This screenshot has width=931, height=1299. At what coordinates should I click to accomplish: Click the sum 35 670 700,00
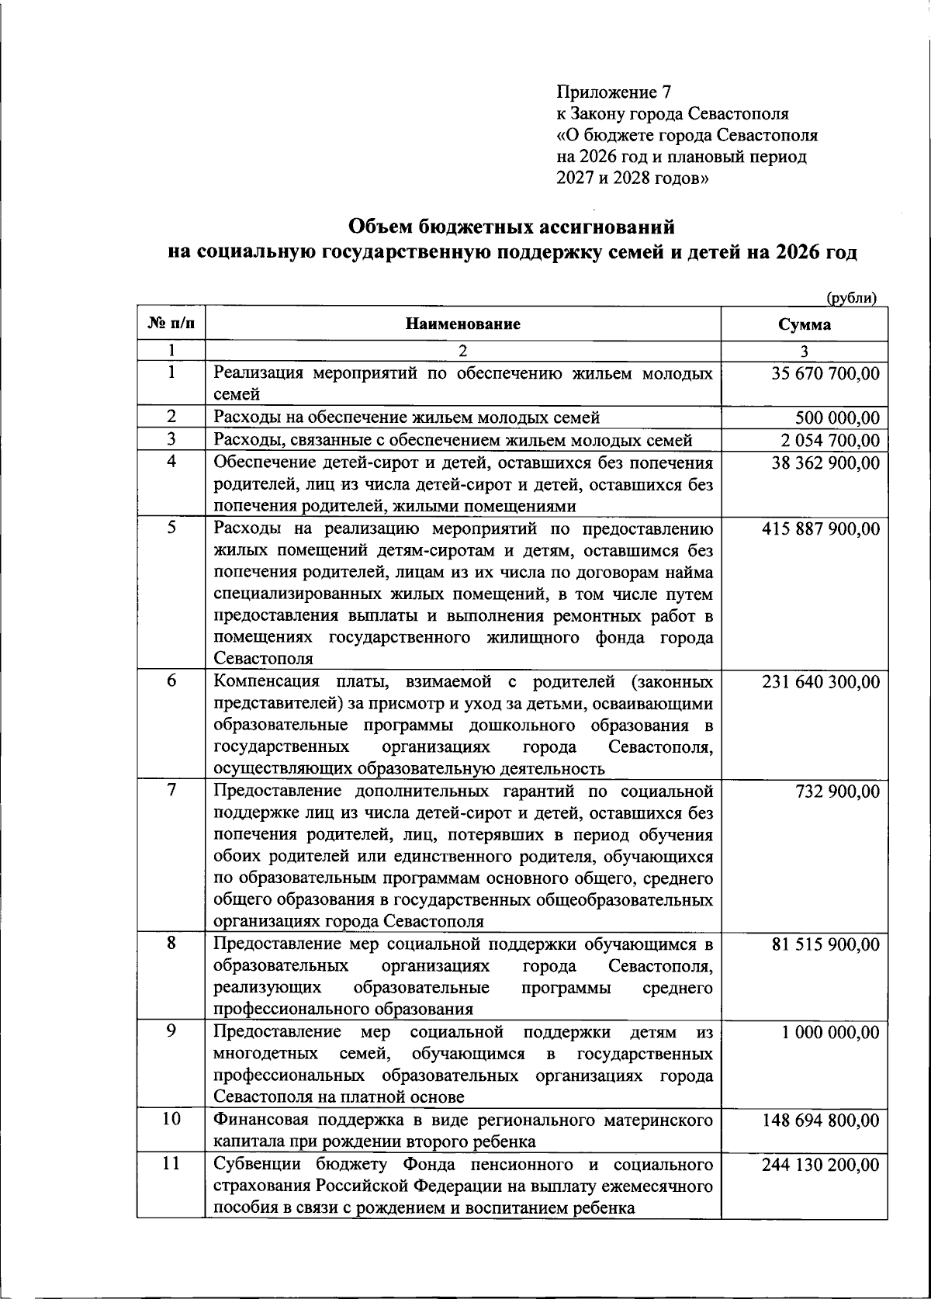825,373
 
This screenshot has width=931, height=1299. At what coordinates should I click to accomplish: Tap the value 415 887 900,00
822,529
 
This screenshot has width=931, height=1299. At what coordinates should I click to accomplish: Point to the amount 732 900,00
838,792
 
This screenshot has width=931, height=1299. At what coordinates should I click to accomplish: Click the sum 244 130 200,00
822,1165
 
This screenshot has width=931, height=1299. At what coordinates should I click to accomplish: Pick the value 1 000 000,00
831,1033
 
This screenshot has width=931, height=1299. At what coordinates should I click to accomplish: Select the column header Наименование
463,324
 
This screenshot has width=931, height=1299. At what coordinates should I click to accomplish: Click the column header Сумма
805,324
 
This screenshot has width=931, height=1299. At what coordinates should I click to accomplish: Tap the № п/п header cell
171,324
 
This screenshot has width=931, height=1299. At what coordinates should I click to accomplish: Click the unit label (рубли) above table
851,298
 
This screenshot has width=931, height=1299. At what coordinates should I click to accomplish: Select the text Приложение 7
613,92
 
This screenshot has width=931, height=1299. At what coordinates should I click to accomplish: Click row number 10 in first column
171,1120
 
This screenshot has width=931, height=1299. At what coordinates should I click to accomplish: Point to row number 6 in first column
171,681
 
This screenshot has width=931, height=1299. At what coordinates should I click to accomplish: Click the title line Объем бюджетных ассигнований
512,227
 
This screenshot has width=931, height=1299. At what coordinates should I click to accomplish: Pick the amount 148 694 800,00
822,1121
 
